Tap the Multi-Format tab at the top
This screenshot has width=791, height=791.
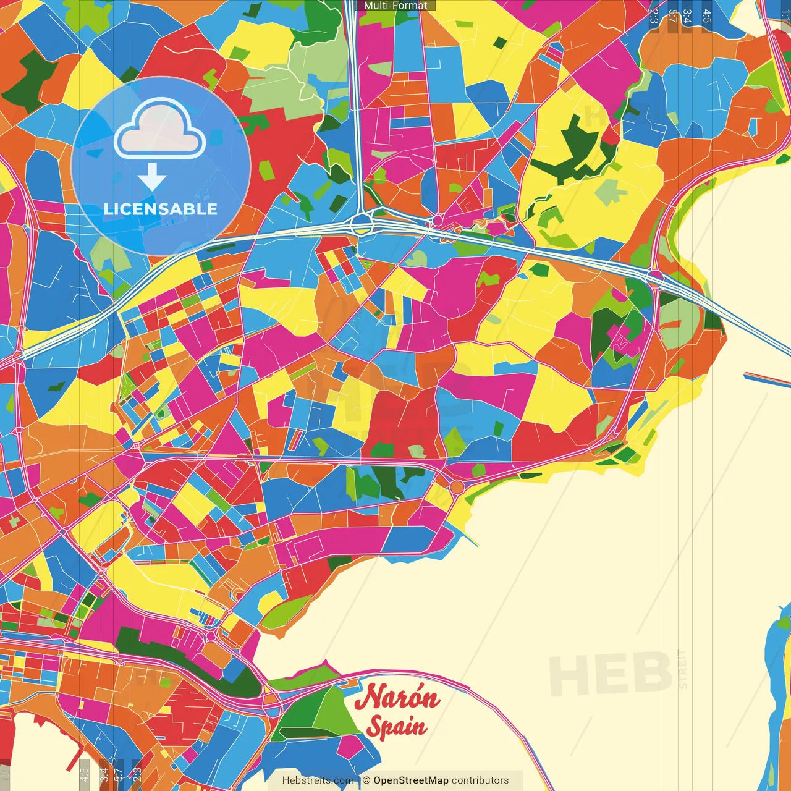[395, 6]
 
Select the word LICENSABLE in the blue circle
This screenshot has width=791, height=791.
[161, 209]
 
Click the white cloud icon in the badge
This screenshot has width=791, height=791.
[160, 129]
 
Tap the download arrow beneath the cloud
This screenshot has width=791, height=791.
[152, 177]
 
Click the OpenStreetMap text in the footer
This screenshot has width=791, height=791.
[410, 780]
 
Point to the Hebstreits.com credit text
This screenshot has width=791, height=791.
[318, 780]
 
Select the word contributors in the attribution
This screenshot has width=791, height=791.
[480, 780]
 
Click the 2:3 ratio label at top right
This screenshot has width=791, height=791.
[654, 16]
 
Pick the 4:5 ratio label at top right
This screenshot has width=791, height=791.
[707, 16]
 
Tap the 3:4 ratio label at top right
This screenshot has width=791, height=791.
[687, 16]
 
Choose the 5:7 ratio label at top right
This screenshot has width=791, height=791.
[672, 16]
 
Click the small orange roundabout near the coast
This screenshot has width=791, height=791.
[457, 487]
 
